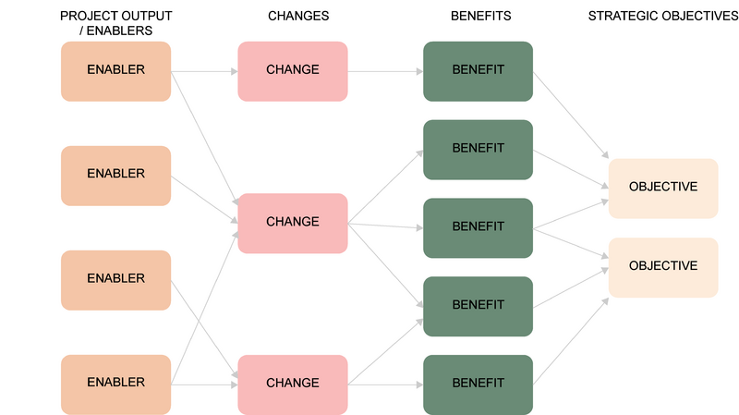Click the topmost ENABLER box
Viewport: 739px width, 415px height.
click(x=116, y=71)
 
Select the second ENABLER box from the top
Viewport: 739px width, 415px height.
click(x=116, y=176)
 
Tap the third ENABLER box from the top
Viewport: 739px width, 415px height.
click(x=116, y=280)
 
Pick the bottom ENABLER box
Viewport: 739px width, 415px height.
click(x=116, y=384)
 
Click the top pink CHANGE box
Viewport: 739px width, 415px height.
click(x=293, y=71)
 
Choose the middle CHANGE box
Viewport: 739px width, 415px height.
click(x=293, y=223)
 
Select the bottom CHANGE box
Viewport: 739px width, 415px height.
click(x=293, y=384)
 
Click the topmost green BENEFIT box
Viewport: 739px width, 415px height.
click(x=478, y=71)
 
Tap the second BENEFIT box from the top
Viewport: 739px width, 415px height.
click(x=478, y=150)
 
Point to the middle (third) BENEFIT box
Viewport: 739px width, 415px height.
click(x=478, y=227)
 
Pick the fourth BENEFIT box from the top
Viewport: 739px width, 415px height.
click(x=478, y=307)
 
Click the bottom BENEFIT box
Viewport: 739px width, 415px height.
click(x=478, y=384)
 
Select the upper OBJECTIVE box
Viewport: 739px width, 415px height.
click(x=663, y=189)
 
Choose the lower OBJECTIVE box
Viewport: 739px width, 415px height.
click(x=663, y=267)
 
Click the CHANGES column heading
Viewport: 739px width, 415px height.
click(x=298, y=16)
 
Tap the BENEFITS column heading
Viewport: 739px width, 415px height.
click(x=480, y=16)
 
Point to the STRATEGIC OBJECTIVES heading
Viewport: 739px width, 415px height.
click(x=663, y=16)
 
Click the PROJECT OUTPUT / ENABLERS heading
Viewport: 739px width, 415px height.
click(x=116, y=23)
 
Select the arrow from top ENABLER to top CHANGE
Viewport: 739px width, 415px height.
click(x=204, y=72)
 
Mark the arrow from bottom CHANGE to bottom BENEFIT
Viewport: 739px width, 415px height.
click(x=385, y=384)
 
